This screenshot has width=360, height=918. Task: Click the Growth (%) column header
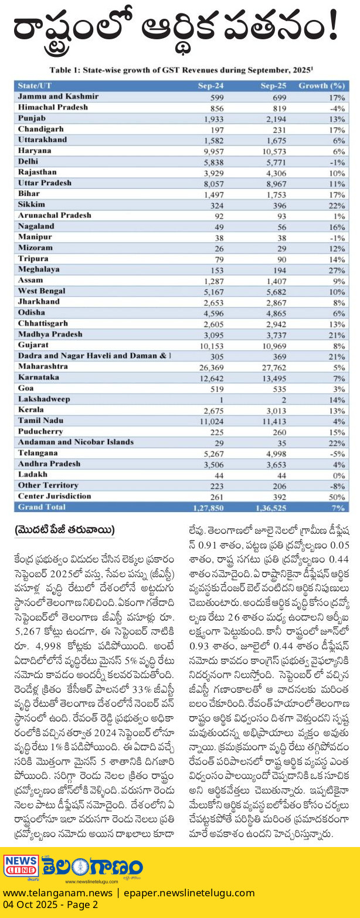321,86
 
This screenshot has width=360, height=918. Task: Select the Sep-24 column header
210,86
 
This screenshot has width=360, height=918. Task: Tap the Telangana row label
38,453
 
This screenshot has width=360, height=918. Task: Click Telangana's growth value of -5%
337,453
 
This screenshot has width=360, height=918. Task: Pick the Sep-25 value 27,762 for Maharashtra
274,368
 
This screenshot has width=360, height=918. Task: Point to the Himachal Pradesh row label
53,107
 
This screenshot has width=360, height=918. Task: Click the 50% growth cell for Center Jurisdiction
337,497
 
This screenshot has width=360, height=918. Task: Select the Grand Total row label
42,507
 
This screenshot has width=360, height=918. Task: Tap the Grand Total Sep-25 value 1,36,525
271,508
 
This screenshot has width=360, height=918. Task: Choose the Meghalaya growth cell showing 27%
337,270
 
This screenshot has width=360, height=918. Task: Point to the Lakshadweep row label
44,399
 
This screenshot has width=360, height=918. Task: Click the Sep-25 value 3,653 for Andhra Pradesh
277,465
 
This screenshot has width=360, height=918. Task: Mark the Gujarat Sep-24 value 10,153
211,346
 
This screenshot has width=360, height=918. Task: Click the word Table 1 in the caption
64,70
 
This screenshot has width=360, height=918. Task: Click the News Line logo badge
21,866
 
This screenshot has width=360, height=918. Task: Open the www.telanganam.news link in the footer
57,893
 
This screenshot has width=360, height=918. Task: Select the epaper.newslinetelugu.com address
189,893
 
